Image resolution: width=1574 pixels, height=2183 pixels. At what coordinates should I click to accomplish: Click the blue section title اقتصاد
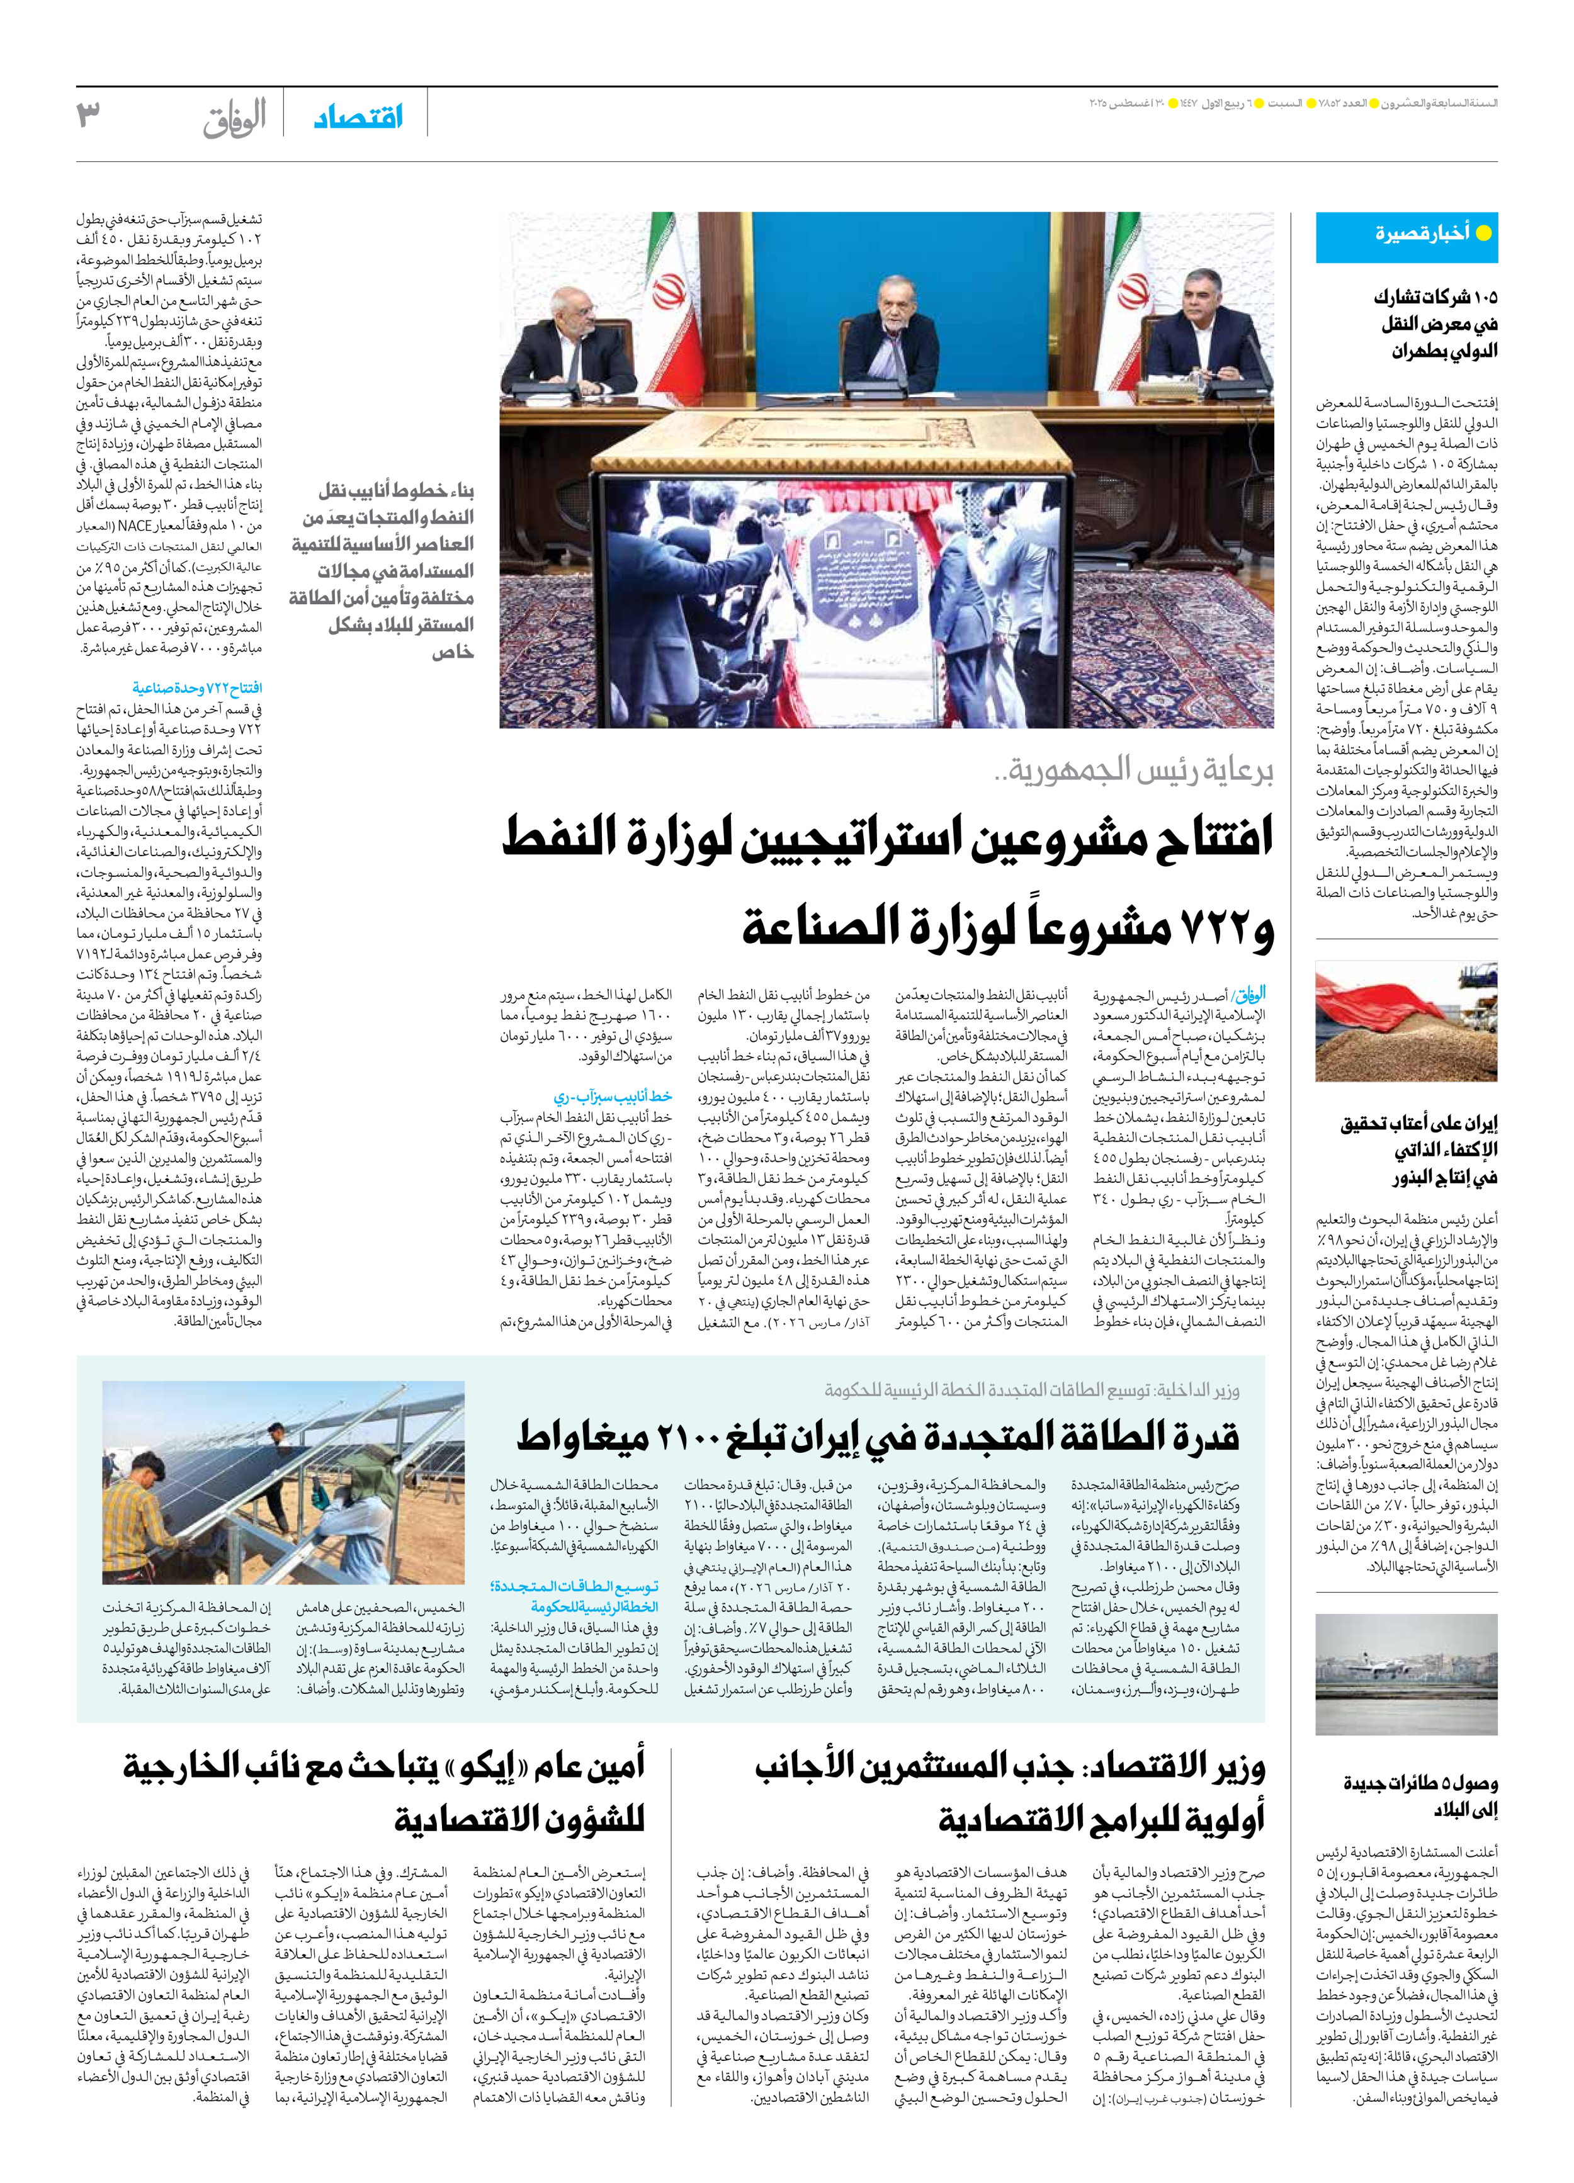(358, 118)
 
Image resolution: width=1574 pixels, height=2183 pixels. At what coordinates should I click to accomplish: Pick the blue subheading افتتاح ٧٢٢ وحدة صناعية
(196, 688)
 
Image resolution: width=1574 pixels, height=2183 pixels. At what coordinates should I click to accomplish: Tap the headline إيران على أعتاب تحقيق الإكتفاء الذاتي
(1419, 1150)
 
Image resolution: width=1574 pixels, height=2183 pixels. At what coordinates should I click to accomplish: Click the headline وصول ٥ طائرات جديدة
(1420, 1796)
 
